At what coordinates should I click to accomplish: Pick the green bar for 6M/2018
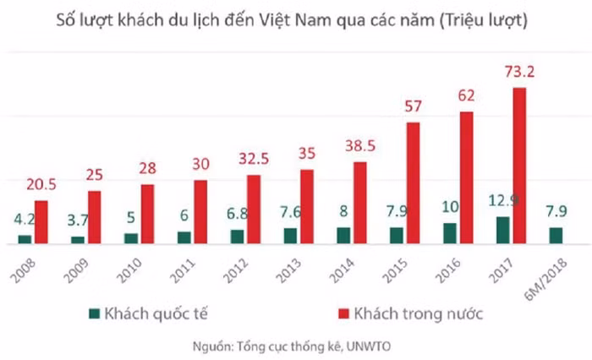point(556,235)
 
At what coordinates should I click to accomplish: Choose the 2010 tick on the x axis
point(125,270)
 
